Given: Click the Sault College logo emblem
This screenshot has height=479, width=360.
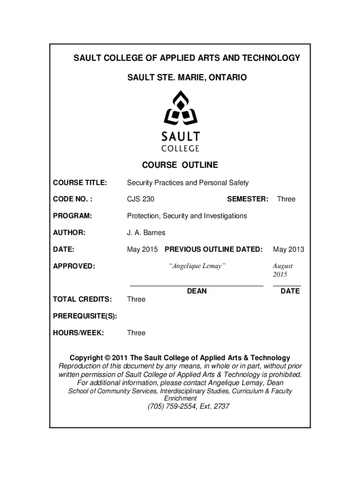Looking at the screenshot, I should click(x=180, y=109).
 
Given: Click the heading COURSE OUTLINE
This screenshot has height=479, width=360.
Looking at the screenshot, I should click(x=180, y=165).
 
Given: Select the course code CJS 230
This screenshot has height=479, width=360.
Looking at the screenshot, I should click(x=140, y=199).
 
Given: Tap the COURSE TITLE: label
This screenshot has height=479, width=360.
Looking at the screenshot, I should click(x=79, y=182).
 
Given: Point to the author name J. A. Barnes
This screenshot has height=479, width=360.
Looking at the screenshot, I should click(x=146, y=232).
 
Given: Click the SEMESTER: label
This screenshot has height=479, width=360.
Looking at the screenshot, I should click(x=247, y=199).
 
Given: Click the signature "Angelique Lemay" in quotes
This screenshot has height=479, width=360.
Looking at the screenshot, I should click(x=197, y=266).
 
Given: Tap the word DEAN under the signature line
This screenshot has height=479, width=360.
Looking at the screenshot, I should click(x=197, y=291).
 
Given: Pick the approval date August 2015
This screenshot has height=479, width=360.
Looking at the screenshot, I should click(x=283, y=270).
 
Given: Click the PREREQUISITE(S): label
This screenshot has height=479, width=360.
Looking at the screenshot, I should click(x=85, y=316).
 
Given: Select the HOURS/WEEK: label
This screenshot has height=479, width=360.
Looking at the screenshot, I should click(x=78, y=333).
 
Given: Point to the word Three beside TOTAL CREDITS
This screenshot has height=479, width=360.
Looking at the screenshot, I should click(x=136, y=299).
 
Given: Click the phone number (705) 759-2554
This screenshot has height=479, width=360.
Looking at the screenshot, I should click(x=170, y=406).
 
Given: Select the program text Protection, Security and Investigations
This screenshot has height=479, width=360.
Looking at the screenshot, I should click(x=187, y=216).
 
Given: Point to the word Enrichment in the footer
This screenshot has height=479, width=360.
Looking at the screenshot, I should click(x=180, y=398).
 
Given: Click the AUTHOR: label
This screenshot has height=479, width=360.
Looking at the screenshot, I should click(x=69, y=232).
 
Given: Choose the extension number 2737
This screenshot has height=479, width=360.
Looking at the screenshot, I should click(x=221, y=406).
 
